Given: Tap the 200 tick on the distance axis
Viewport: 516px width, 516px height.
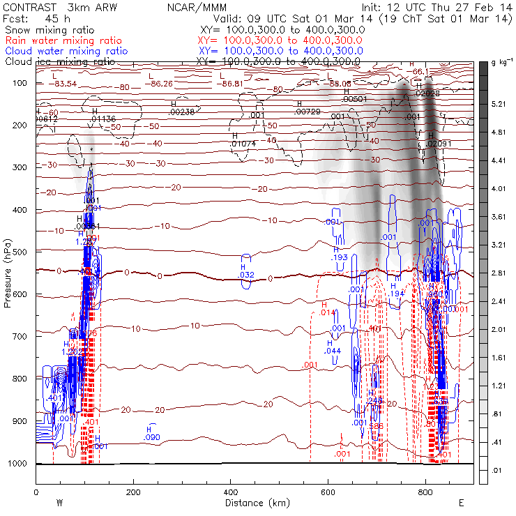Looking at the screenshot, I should click(133, 492).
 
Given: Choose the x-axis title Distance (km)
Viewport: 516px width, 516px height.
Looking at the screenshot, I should click(254, 502).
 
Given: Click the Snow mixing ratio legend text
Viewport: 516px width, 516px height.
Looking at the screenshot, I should click(49, 31).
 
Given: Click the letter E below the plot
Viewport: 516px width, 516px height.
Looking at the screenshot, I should click(461, 502).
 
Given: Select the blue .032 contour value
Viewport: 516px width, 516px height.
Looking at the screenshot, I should click(247, 275).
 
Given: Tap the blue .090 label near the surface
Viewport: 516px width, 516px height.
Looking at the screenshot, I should click(151, 437).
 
